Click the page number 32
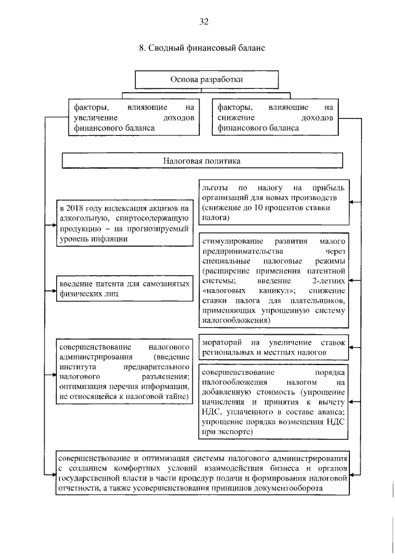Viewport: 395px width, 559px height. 204,22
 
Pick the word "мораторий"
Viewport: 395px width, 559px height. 221,342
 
